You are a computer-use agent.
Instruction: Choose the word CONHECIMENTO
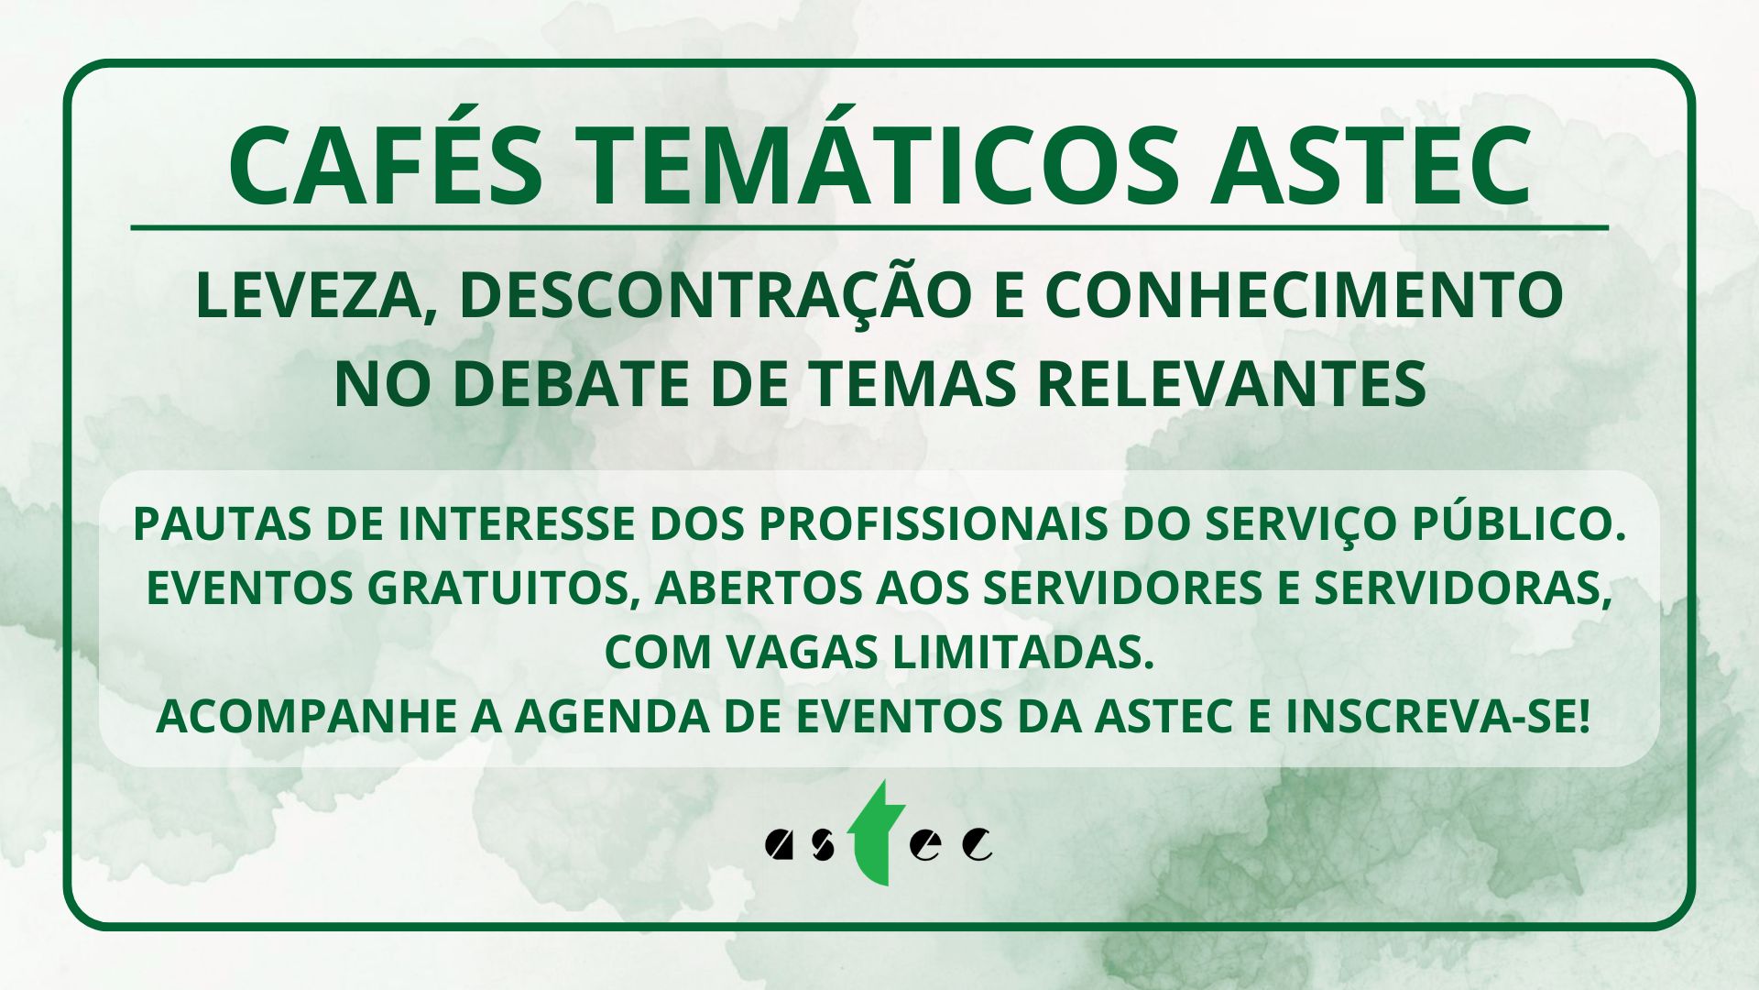tap(1304, 295)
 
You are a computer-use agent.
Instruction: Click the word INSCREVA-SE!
tap(1437, 717)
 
